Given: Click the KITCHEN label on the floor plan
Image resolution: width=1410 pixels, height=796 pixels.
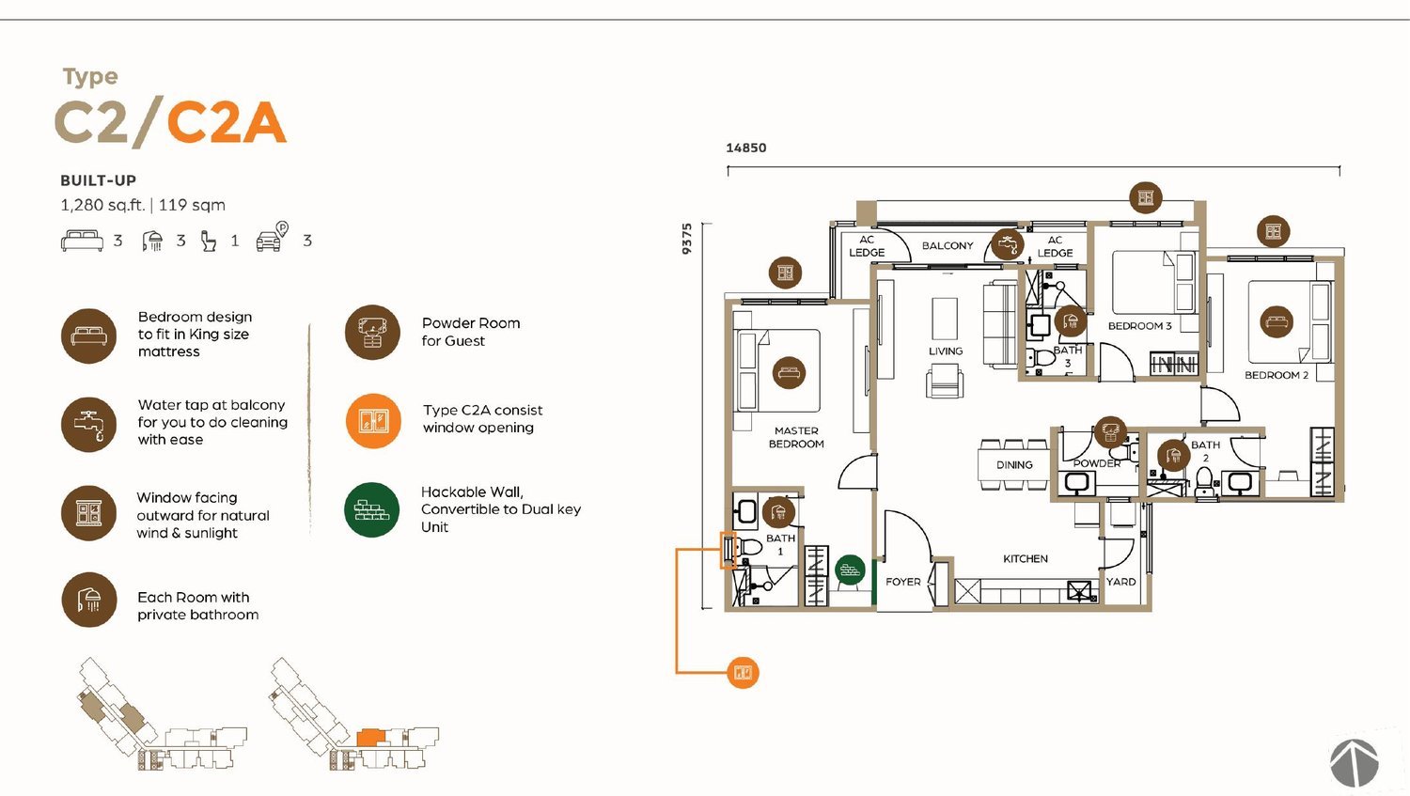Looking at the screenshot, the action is (1026, 559).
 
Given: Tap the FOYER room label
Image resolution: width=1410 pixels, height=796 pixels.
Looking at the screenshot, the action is (902, 582).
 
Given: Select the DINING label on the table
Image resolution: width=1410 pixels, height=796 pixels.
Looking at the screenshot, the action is (1014, 465).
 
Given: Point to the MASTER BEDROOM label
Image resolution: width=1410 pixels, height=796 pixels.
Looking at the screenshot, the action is (796, 437).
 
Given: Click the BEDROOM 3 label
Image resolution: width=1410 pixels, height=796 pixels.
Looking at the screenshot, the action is (1139, 326).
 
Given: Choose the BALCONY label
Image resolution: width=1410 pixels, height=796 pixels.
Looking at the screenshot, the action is (948, 246).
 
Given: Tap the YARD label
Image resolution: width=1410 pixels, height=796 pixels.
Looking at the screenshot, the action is (1121, 582).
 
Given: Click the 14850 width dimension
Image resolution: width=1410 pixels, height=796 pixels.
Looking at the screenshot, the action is (746, 148).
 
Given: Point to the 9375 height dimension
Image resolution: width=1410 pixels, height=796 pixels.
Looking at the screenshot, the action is (687, 239).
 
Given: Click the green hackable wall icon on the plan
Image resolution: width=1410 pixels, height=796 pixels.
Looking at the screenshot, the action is (850, 570).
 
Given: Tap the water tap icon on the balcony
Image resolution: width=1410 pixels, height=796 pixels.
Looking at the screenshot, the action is (1007, 243).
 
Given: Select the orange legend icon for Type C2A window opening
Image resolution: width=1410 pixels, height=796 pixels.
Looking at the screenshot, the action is (373, 421).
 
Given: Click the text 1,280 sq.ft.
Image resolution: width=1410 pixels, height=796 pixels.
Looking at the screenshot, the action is (102, 205).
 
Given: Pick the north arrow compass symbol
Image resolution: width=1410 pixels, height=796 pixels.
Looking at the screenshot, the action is (1354, 763).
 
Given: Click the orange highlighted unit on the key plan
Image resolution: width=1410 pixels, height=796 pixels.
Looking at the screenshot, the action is (370, 738).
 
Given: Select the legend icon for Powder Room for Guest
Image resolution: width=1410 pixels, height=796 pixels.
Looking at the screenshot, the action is (372, 333).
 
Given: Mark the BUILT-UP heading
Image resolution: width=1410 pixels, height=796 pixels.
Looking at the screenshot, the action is (98, 180).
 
